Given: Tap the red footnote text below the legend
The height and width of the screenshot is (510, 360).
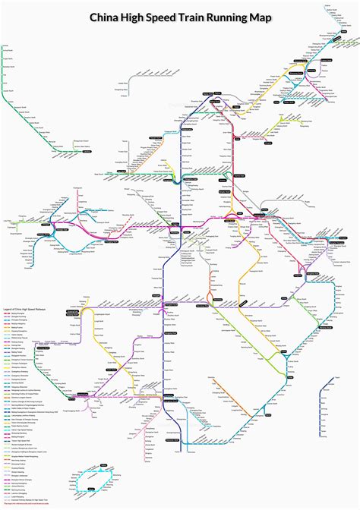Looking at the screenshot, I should (x=27, y=502).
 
